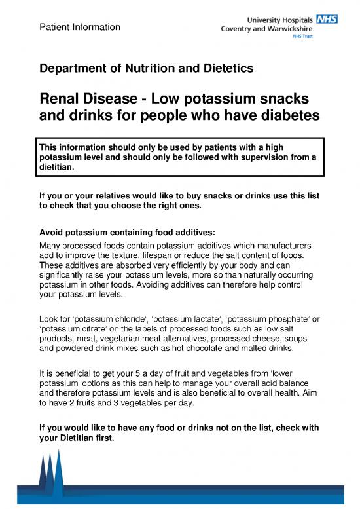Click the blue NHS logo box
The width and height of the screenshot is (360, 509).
pyautogui.click(x=327, y=20)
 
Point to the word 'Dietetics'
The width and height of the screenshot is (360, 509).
pyautogui.click(x=226, y=68)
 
